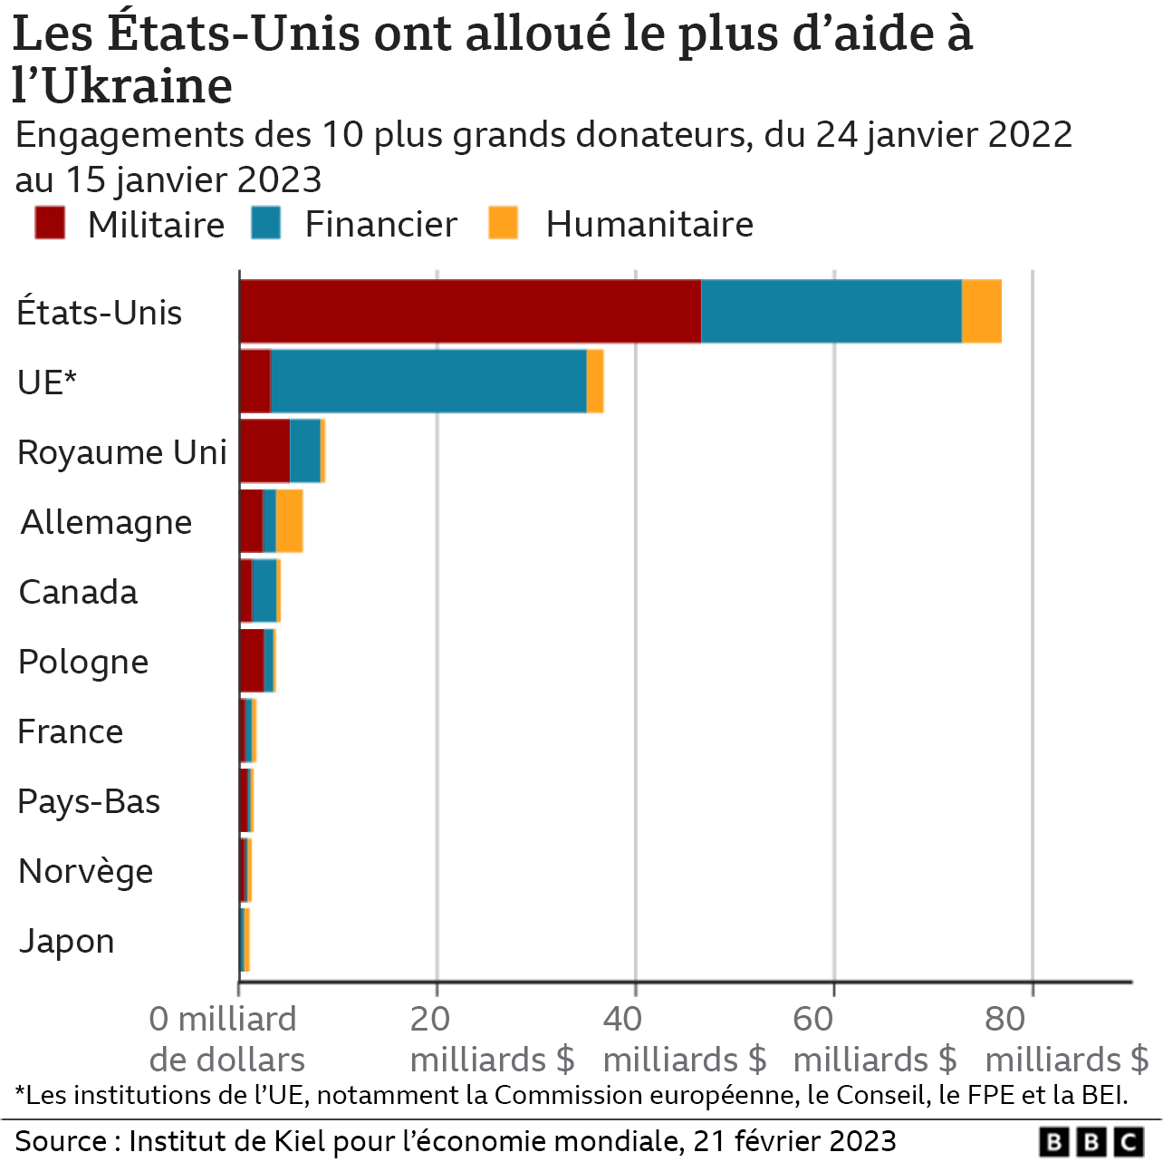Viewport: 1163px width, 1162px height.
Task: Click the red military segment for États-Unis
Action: (x=469, y=311)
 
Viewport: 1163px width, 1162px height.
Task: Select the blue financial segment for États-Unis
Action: (x=831, y=311)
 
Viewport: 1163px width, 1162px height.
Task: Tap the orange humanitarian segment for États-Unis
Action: (x=981, y=311)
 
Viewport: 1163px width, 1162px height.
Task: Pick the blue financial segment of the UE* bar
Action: (x=428, y=381)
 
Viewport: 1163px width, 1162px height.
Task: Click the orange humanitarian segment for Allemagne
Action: (x=289, y=520)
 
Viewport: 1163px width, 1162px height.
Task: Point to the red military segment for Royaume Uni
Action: (x=264, y=450)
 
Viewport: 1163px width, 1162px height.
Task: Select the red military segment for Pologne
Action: (x=252, y=660)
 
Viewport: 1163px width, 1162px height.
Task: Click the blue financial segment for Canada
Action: (x=264, y=590)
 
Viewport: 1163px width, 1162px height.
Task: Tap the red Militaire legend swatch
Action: (x=50, y=223)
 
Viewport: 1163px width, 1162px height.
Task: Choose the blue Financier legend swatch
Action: (x=266, y=223)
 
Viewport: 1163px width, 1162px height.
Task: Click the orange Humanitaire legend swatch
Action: (x=503, y=223)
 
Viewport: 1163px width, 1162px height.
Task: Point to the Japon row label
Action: (x=67, y=941)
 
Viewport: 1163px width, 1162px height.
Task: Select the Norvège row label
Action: (x=86, y=871)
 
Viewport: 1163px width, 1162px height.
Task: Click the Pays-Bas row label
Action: (x=89, y=801)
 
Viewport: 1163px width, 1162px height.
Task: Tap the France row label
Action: (x=71, y=731)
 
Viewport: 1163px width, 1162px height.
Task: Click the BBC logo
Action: (x=1091, y=1141)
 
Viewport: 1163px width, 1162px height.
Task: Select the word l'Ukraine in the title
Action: (x=123, y=86)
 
